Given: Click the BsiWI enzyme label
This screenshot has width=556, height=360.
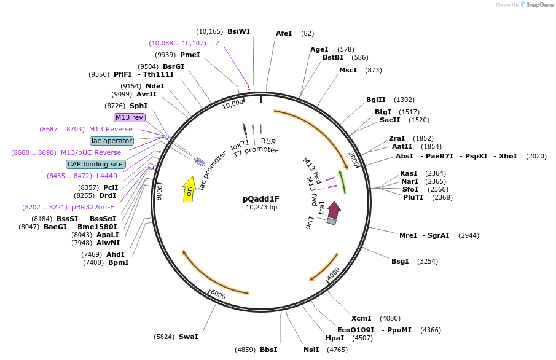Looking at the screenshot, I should [x=238, y=31].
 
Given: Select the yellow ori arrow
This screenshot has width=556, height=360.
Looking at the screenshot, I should [x=189, y=189].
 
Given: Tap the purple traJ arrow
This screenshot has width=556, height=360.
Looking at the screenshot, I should [x=334, y=210].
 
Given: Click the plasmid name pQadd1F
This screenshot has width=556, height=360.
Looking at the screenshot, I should [x=260, y=198].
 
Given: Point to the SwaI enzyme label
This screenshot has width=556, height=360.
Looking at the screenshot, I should [x=188, y=337].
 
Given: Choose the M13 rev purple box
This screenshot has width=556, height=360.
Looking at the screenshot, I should [x=129, y=117].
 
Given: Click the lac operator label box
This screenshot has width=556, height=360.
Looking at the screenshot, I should [x=111, y=141].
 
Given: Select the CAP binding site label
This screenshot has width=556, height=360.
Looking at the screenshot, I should [x=95, y=164].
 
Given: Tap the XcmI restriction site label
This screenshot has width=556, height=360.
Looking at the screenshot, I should [x=361, y=318].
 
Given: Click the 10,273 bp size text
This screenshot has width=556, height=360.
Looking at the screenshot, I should [x=260, y=207].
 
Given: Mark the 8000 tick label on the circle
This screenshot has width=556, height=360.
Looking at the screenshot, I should [x=159, y=190].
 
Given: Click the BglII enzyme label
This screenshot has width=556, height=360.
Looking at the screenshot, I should [x=375, y=100].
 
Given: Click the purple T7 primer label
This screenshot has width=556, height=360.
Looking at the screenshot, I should [x=214, y=43].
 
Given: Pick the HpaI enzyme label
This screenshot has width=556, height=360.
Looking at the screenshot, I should [x=335, y=338].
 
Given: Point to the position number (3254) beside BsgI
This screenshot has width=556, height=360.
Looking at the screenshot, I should [x=427, y=261].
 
